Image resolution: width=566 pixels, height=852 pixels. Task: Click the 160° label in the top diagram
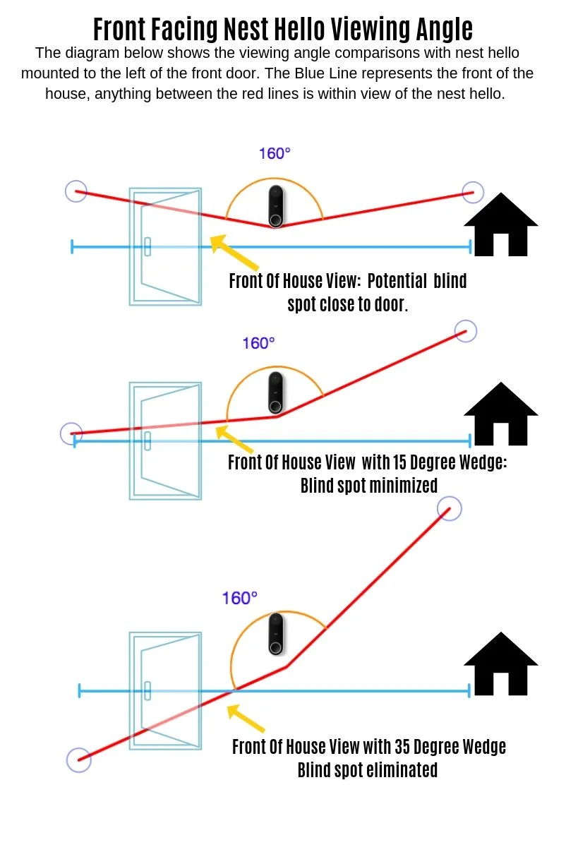(x=275, y=154)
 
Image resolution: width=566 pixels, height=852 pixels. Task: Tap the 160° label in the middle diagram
(x=258, y=344)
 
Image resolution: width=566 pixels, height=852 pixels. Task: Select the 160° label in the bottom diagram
(x=239, y=599)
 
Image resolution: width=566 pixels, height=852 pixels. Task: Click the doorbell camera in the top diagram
(x=276, y=206)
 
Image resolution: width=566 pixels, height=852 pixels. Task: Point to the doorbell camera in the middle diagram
(x=276, y=392)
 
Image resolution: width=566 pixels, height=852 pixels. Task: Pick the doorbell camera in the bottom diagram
(x=276, y=634)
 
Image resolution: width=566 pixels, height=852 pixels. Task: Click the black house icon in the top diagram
(x=500, y=224)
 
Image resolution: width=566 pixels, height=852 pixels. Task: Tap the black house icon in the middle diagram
(x=500, y=414)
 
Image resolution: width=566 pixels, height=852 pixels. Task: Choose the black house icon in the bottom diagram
(x=500, y=664)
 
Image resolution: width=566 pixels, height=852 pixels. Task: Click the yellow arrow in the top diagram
(x=234, y=252)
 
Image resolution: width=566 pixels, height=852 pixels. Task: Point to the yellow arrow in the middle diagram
(x=234, y=439)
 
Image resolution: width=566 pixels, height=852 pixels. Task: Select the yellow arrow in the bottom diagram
(x=246, y=718)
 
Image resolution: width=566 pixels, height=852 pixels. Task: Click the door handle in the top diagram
(x=147, y=247)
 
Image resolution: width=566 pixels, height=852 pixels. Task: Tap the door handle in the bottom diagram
(x=147, y=691)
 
